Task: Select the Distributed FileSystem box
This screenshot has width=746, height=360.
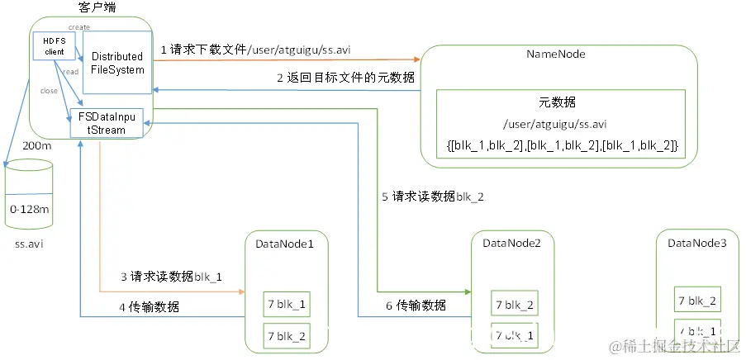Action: pos(117,63)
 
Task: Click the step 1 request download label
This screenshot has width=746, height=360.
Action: pos(260,50)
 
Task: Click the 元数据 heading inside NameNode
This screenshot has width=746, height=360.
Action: pos(556,102)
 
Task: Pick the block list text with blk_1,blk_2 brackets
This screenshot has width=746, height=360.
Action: pos(562,145)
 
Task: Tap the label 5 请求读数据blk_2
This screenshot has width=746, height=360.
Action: pos(433,197)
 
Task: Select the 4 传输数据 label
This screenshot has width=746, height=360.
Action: pos(149,307)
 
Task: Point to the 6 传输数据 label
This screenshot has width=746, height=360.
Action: pos(416,306)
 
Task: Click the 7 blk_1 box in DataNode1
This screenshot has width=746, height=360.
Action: pos(286,305)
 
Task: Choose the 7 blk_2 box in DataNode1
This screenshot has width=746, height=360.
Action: pos(286,335)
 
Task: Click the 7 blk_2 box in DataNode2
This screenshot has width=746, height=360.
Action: pos(514,304)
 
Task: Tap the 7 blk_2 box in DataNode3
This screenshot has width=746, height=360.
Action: pos(696,300)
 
